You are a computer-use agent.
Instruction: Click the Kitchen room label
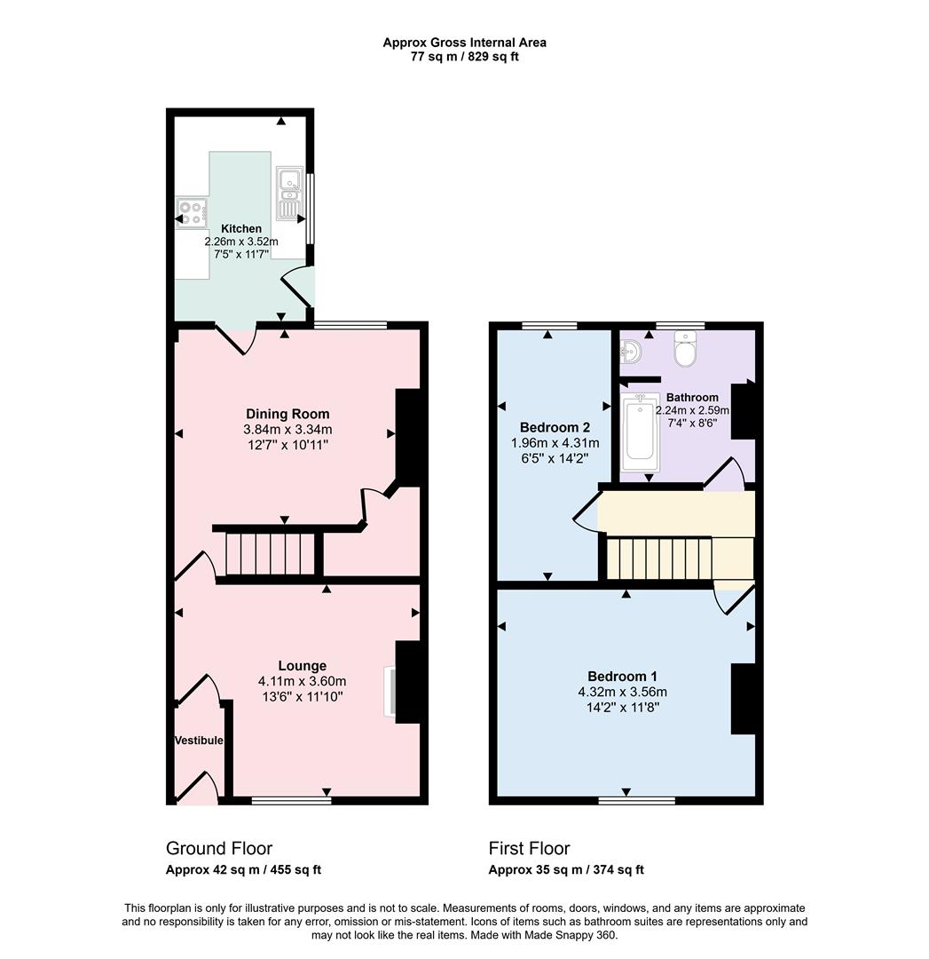point(241,228)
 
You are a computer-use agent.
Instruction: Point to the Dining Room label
point(287,414)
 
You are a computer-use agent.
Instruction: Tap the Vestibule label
point(199,741)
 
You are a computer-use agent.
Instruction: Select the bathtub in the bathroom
point(639,432)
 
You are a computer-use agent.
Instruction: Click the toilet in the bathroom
point(687,350)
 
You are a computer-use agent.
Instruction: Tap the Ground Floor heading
point(219,848)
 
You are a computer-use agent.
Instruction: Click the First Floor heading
point(529,848)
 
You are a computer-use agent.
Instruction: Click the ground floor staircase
point(271,553)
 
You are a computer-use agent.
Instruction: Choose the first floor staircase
point(660,557)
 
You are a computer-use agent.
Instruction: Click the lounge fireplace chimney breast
point(406,682)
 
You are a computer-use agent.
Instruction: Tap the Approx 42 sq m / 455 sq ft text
point(244,870)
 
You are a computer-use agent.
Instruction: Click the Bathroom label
point(692,397)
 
